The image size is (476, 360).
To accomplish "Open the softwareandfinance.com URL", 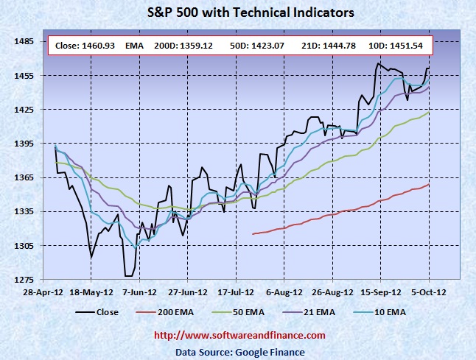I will [239, 336].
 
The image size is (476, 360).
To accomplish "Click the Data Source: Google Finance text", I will [239, 351].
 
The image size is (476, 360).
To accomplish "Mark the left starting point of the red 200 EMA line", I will [253, 234].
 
